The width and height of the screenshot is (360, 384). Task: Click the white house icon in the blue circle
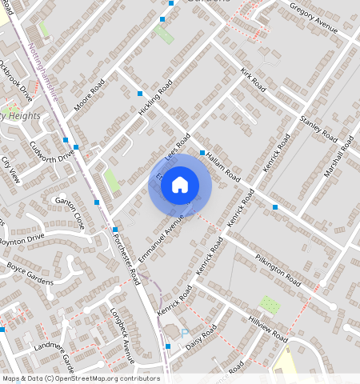click(x=180, y=185)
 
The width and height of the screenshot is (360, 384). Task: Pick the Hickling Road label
click(x=155, y=101)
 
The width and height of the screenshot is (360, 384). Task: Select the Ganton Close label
click(x=69, y=208)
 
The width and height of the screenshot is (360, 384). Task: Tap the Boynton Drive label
click(x=21, y=238)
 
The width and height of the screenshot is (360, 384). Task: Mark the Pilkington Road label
click(x=278, y=270)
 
